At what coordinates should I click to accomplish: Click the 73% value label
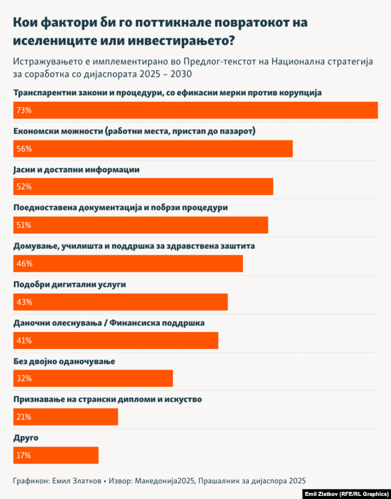(x=23, y=111)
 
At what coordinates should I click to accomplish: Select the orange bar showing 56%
(x=153, y=149)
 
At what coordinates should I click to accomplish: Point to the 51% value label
(x=23, y=225)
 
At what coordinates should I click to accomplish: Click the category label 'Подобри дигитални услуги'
(x=70, y=284)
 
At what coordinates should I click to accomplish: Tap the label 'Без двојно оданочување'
(x=64, y=361)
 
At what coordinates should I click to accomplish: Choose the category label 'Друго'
(x=26, y=437)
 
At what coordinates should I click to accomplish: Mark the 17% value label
(x=23, y=455)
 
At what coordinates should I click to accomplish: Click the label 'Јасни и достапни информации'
(x=76, y=169)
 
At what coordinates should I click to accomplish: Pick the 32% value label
(x=23, y=379)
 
